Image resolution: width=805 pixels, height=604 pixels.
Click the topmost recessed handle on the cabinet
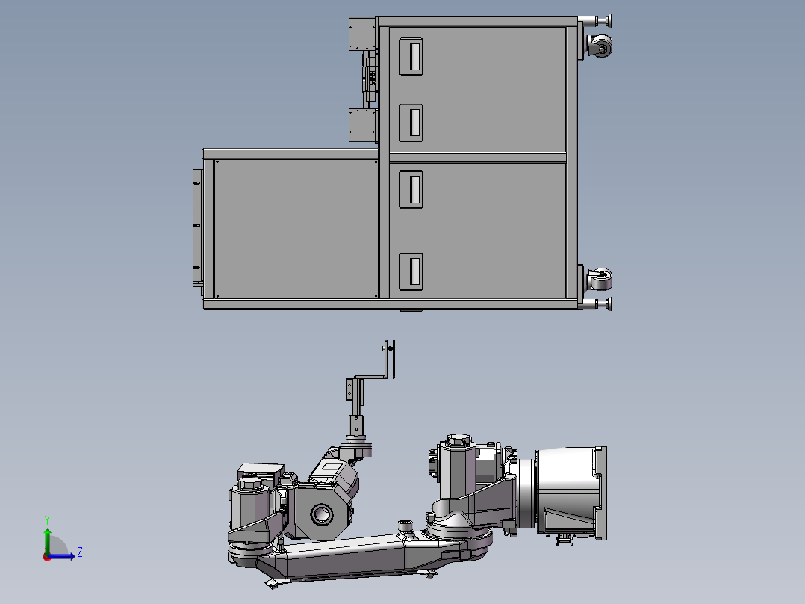[x=411, y=57]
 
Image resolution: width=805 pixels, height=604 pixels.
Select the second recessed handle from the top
[x=411, y=123]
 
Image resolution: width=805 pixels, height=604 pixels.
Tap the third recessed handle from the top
[x=411, y=189]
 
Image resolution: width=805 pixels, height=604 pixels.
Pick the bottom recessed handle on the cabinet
[x=411, y=271]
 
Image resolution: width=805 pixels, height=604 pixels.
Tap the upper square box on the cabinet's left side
[x=362, y=34]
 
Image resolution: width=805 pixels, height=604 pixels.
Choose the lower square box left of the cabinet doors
[x=362, y=125]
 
